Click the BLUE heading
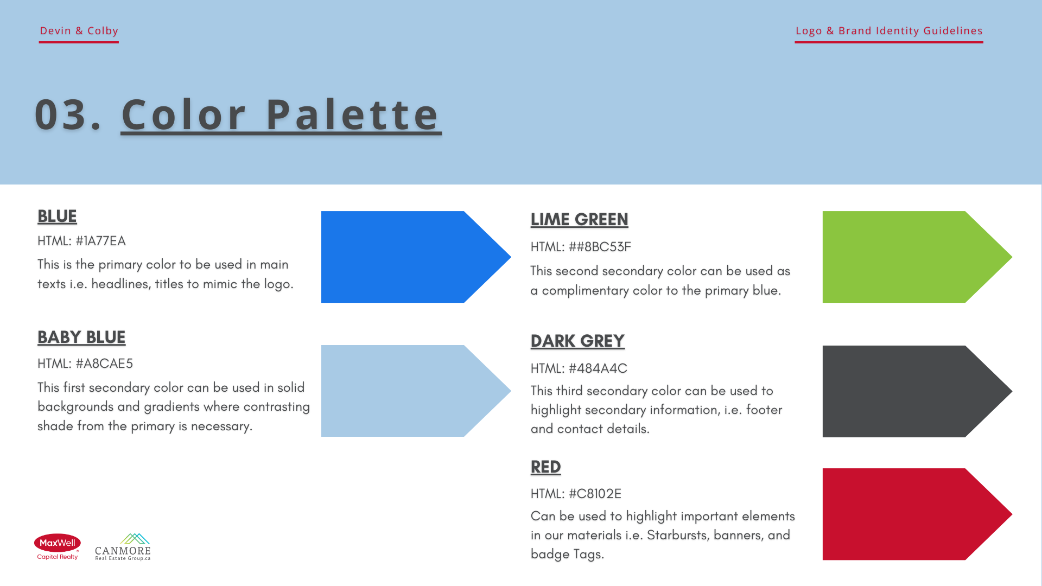click(57, 216)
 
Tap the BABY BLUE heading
click(81, 337)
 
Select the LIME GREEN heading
click(579, 219)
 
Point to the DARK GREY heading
click(577, 341)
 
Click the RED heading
click(545, 467)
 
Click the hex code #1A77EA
click(100, 241)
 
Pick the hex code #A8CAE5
click(104, 364)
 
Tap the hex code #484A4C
click(598, 368)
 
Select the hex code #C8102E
click(595, 494)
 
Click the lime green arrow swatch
click(917, 257)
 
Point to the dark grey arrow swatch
click(917, 391)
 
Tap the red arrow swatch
click(917, 514)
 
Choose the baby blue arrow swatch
click(416, 391)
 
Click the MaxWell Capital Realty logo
click(58, 546)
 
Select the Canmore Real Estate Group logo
click(123, 547)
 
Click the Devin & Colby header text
click(79, 31)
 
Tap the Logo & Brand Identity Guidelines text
click(889, 31)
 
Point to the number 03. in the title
click(68, 114)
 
